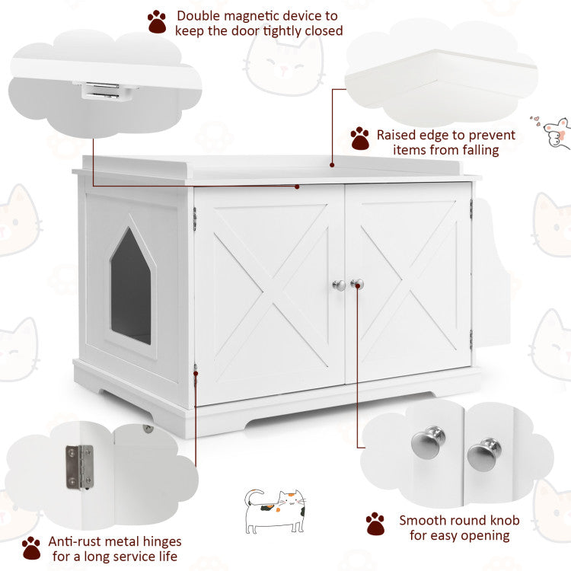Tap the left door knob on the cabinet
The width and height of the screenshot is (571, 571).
pos(339,285)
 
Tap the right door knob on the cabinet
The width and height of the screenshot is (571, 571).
pos(356,284)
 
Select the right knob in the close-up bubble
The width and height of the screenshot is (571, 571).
pos(483,455)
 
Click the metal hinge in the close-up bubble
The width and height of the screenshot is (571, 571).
pos(78,466)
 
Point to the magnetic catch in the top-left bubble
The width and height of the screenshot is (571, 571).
pos(107,91)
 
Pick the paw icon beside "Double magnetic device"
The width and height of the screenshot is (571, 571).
pos(157,21)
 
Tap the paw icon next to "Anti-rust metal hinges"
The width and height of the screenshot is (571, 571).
pos(31,547)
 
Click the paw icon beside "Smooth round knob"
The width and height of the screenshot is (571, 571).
pos(375,524)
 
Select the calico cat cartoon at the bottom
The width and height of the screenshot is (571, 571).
pos(274,511)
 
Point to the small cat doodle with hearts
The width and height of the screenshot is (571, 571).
pos(556,132)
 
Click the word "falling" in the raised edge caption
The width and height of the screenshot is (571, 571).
pos(477,150)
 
